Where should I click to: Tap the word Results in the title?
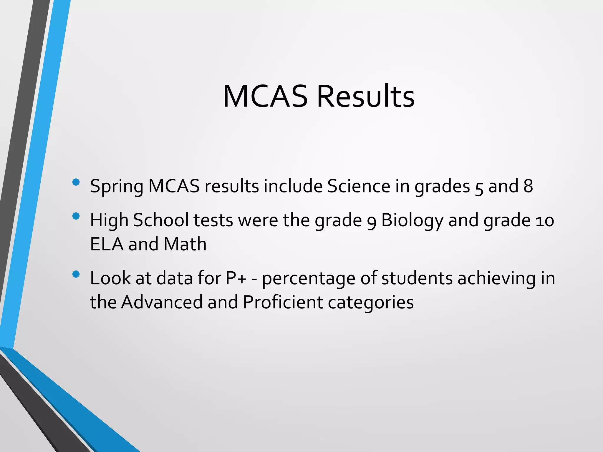tap(365, 97)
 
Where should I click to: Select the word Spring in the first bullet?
tap(117, 187)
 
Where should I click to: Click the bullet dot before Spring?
tap(76, 182)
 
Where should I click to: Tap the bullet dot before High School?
tap(76, 216)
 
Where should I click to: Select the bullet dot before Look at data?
tap(76, 274)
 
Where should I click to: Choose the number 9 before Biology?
tap(372, 221)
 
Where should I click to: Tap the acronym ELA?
tap(107, 244)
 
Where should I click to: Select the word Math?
tap(185, 244)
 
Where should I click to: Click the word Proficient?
tap(283, 302)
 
